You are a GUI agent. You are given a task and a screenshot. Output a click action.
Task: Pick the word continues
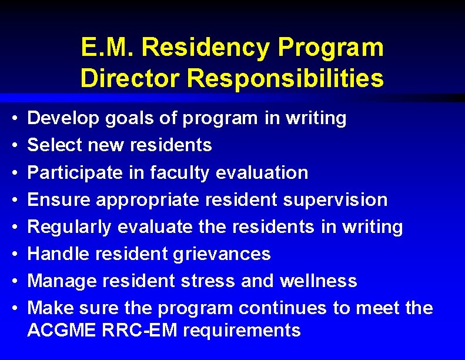tap(288, 308)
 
